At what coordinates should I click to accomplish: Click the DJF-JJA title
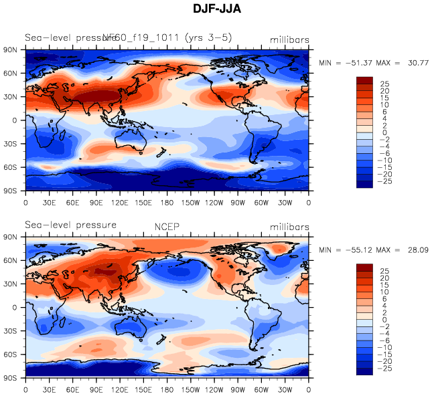pyautogui.click(x=216, y=10)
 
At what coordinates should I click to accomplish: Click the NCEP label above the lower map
pyautogui.click(x=167, y=227)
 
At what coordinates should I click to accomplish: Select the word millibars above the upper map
pyautogui.click(x=290, y=40)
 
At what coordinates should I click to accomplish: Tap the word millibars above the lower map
pyautogui.click(x=290, y=227)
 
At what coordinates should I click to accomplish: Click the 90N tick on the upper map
pyautogui.click(x=10, y=50)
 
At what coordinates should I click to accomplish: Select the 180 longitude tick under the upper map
pyautogui.click(x=167, y=202)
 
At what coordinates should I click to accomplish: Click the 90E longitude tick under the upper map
pyautogui.click(x=96, y=202)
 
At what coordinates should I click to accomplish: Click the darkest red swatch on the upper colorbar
pyautogui.click(x=364, y=80)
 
